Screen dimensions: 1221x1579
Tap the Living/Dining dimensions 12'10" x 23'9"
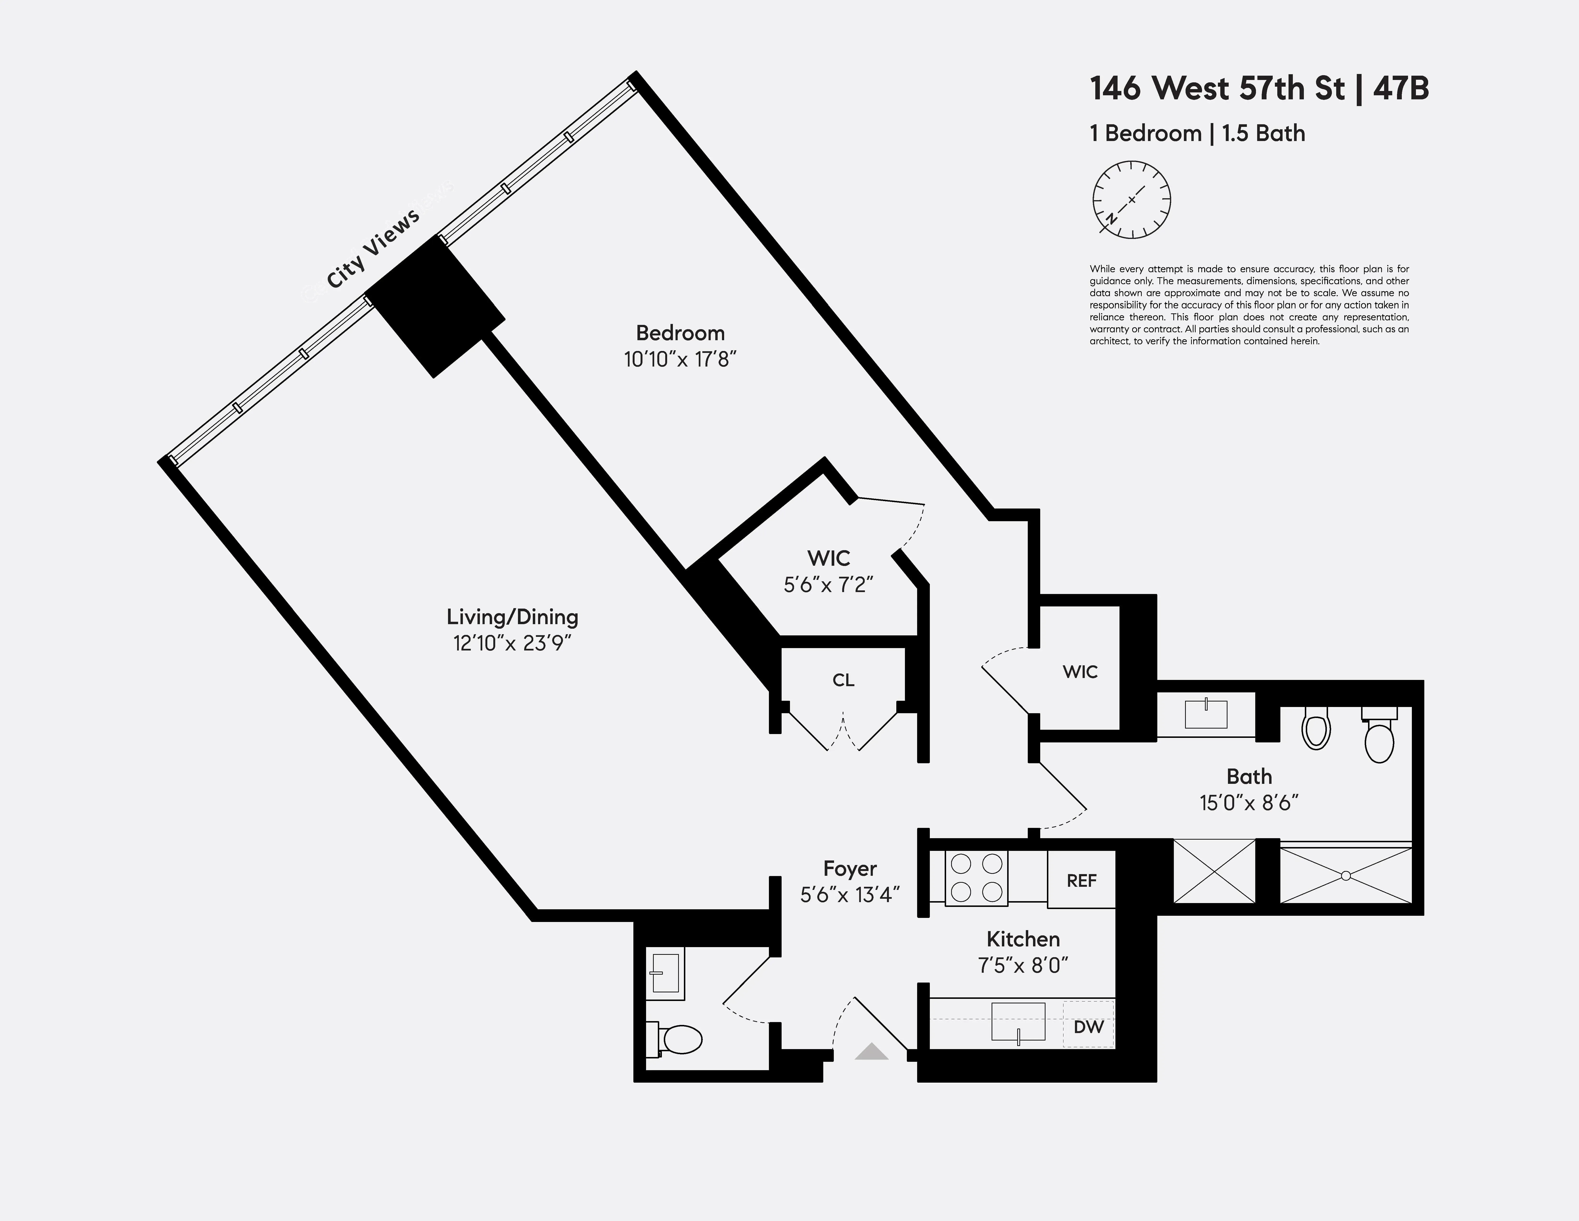point(512,643)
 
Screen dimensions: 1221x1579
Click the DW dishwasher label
point(1088,1027)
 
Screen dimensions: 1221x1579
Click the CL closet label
point(843,680)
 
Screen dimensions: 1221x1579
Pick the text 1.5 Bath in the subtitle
point(1264,134)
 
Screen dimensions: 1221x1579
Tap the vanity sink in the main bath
point(1206,713)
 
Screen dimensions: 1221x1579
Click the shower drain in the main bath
point(1346,876)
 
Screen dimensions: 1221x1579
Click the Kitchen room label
point(1023,939)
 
